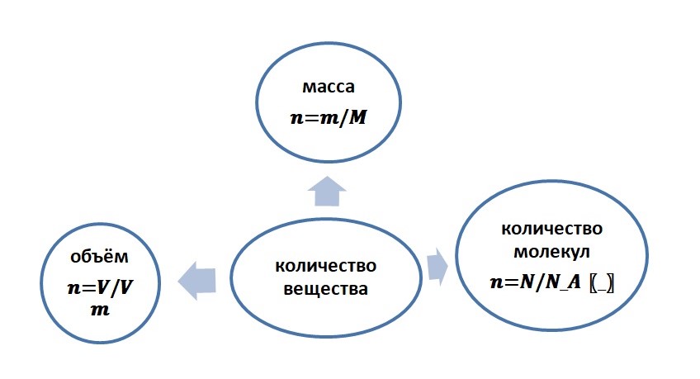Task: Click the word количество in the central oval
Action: pos(326,267)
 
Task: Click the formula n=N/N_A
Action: pos(537,281)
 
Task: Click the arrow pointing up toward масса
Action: pos(327,191)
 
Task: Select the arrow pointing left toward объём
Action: pos(198,277)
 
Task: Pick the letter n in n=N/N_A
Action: pos(496,282)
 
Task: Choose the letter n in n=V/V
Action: pos(72,290)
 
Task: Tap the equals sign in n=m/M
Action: pos(310,117)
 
